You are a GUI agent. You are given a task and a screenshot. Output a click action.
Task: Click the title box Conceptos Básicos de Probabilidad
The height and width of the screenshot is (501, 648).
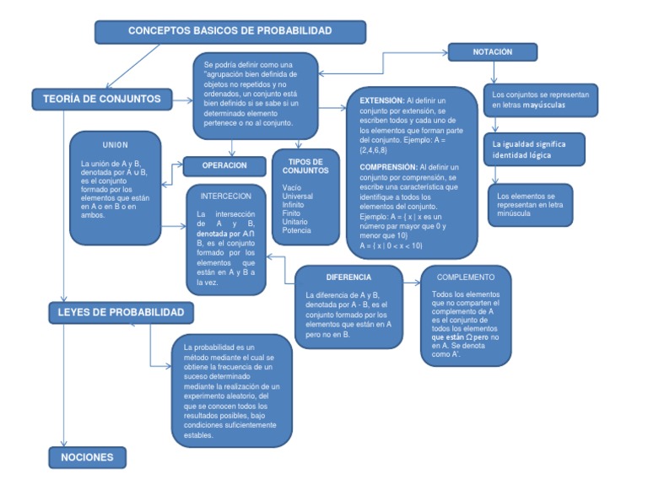pos(229,31)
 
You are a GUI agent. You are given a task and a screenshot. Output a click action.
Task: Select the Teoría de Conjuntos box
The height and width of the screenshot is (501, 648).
pos(102,99)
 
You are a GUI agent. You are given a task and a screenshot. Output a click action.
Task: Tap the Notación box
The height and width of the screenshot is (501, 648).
pos(492,52)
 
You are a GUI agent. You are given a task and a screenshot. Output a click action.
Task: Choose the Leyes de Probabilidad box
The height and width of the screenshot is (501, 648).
pos(121,312)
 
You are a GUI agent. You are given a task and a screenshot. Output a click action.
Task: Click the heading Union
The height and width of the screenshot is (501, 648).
pos(115,145)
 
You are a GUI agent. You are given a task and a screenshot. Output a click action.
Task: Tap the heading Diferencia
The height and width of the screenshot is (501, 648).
pos(348,277)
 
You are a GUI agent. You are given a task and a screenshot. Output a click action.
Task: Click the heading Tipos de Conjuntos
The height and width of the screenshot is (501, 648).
pos(305,166)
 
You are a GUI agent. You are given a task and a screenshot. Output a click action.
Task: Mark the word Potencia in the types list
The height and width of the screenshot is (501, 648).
pos(297,230)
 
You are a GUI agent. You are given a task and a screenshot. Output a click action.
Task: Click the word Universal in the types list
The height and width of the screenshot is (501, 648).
pos(300,196)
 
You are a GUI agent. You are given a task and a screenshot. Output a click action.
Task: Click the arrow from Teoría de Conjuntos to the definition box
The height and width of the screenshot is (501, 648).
pos(182,100)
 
